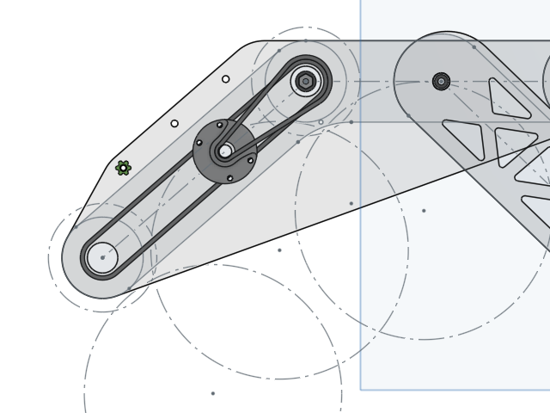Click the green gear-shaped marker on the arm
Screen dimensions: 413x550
pos(123,168)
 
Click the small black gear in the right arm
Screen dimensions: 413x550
pos(441,82)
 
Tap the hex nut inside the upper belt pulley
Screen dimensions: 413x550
pos(305,82)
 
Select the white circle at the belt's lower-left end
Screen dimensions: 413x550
pos(102,257)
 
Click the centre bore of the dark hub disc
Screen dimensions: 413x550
pos(225,151)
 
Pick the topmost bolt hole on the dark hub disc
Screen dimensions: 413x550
pos(220,126)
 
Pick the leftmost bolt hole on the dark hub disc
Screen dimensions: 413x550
pos(199,143)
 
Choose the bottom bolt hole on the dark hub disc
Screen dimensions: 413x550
pos(229,178)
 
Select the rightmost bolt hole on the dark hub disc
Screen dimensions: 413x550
pos(250,160)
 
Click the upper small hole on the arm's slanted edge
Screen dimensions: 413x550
pos(226,79)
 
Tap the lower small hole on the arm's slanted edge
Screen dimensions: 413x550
pos(174,124)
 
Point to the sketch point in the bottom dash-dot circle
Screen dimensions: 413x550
pos(212,393)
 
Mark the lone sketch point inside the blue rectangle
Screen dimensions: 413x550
pos(424,210)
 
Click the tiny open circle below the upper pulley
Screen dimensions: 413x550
pos(321,122)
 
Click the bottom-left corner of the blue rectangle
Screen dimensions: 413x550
pos(361,390)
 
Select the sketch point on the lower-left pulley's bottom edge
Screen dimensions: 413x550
pos(129,288)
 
